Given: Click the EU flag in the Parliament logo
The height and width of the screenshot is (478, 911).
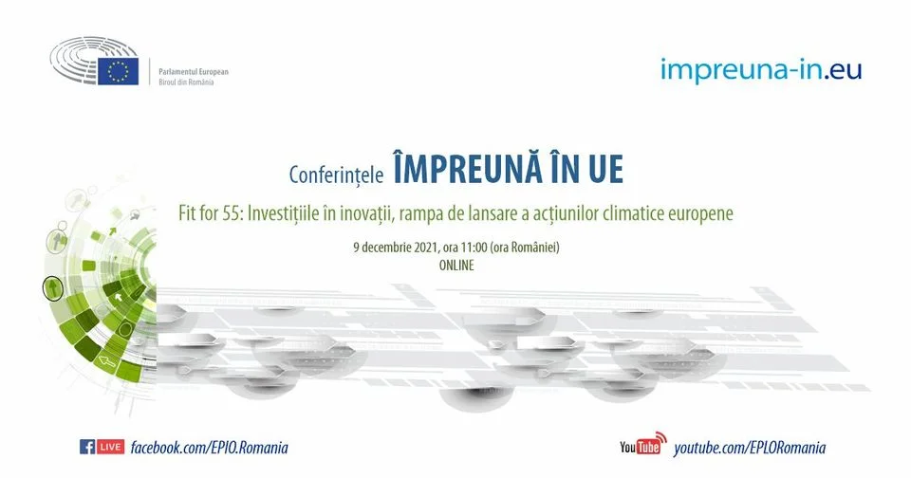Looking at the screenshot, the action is [x=118, y=71].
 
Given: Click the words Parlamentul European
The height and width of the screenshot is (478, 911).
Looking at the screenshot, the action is [x=194, y=72].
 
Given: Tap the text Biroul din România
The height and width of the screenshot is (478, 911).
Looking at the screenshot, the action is [x=187, y=83].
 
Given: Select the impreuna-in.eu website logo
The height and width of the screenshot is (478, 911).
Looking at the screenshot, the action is [x=761, y=71].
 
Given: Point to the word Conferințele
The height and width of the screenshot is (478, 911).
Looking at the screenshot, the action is [x=336, y=175].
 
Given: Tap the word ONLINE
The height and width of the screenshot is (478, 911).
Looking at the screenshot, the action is [x=456, y=266].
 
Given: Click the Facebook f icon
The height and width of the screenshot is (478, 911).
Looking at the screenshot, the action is [x=87, y=447].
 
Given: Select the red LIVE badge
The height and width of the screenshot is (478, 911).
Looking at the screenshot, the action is [x=110, y=447].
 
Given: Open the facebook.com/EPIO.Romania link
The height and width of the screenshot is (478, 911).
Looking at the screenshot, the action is [x=209, y=448].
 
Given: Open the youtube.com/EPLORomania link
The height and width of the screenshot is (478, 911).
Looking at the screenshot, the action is [x=750, y=448].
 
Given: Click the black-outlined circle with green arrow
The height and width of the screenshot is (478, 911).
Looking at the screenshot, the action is [x=53, y=288].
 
